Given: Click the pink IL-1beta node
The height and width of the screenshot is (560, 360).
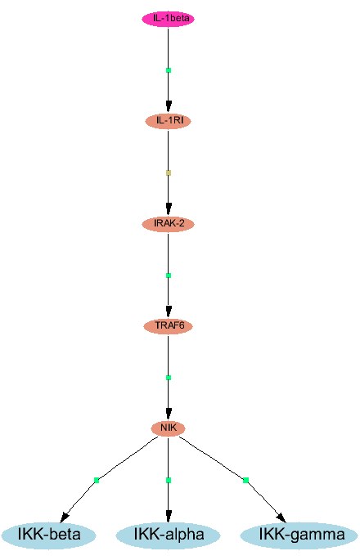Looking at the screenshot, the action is coord(168,19).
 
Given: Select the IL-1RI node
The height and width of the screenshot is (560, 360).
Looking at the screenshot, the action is coord(168,121).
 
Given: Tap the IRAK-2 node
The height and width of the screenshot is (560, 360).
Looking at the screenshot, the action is coord(168,223).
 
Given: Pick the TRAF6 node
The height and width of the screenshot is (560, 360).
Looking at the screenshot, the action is coord(168,326).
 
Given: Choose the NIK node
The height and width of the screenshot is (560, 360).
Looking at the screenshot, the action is coord(168,428).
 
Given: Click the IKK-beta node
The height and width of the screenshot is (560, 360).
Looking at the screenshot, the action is coord(48,535).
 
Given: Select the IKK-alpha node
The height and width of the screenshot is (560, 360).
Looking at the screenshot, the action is coord(168,535).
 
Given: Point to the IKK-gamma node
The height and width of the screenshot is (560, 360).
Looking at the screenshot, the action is coord(299,535).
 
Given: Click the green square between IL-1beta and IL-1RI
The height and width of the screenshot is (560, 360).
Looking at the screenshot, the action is coord(169,70).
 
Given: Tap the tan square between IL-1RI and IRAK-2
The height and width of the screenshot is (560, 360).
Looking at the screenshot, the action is coord(169,172).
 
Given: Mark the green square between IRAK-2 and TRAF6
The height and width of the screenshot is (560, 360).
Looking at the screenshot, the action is coord(169,276).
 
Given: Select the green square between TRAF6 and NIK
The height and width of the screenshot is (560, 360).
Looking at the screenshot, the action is coord(169,378).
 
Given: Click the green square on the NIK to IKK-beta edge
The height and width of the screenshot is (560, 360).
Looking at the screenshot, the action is coord(97,481).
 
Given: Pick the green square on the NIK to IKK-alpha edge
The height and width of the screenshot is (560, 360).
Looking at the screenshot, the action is coord(169,481).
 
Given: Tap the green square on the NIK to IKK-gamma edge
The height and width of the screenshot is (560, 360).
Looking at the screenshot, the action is coord(245,481).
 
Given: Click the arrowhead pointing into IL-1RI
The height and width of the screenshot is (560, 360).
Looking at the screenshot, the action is coord(169,107).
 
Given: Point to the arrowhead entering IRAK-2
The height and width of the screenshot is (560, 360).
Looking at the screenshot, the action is coord(169,209).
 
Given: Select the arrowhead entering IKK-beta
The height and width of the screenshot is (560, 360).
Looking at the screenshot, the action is coord(65,517).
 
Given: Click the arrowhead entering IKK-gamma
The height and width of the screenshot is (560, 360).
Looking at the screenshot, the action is coord(281,517).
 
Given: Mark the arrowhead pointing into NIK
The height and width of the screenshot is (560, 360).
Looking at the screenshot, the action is coord(169,414).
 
